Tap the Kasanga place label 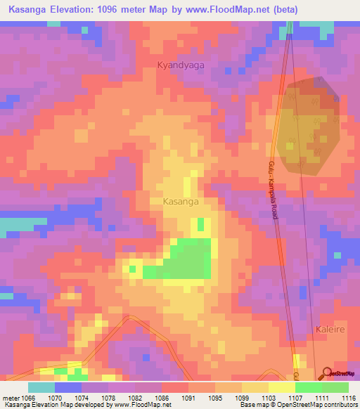click(x=180, y=201)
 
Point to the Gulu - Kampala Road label click(x=273, y=190)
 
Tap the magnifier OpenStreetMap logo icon click(x=326, y=373)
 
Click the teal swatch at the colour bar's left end click(x=41, y=387)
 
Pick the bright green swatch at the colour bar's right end click(x=335, y=387)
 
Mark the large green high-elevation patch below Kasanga click(x=186, y=259)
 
